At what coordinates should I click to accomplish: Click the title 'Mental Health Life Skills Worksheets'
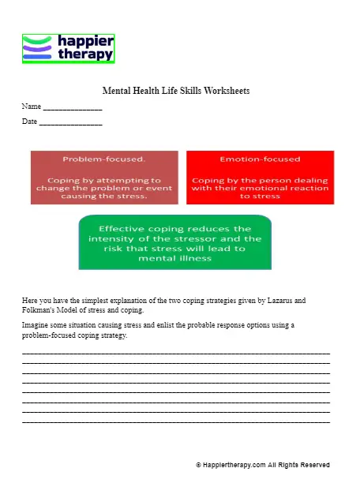click(176, 91)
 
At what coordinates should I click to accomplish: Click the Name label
click(31, 106)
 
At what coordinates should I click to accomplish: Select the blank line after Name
click(73, 108)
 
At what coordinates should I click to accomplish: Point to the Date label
click(29, 122)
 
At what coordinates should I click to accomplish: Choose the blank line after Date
click(70, 124)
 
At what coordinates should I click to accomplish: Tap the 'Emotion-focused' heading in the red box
click(260, 159)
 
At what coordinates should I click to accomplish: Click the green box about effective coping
click(175, 242)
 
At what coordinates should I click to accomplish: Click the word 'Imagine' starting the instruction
click(35, 325)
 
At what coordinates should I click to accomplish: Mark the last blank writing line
click(175, 422)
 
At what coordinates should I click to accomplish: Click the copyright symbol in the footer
click(198, 466)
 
